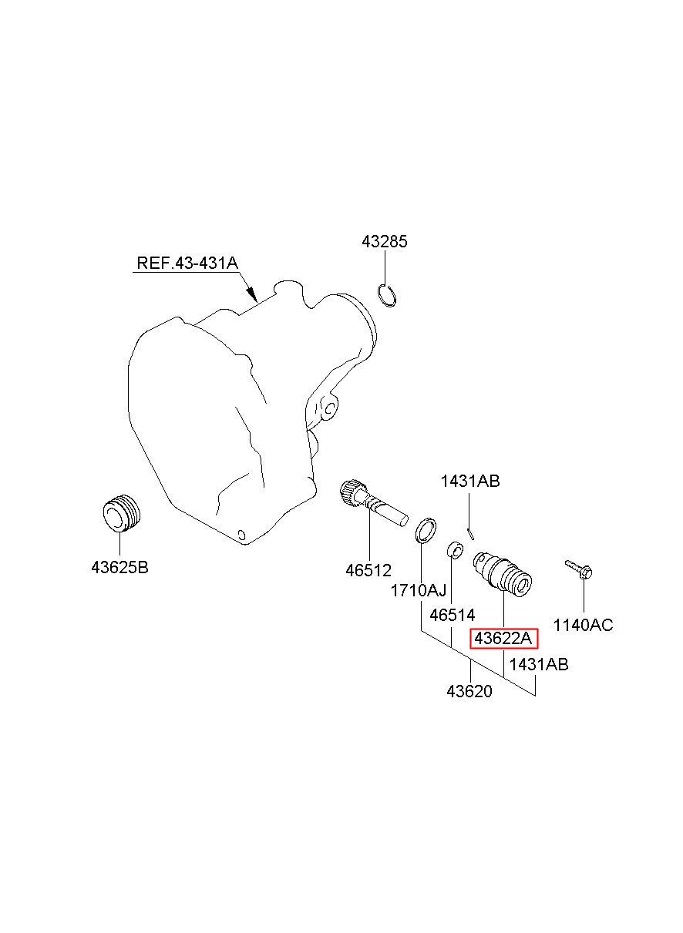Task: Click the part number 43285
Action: (385, 242)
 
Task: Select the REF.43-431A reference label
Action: (187, 263)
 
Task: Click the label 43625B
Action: (119, 568)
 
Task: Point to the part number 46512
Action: (368, 571)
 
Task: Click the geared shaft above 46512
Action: (372, 502)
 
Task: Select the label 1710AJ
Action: (419, 591)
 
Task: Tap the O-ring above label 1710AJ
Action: (425, 531)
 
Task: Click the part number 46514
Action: (453, 615)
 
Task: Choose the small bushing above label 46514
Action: (456, 550)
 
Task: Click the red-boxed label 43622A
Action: (503, 639)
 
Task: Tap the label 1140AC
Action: (584, 625)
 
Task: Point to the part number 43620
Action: (469, 691)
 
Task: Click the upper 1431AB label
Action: (470, 482)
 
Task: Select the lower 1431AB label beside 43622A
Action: (539, 664)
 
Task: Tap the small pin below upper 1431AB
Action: (472, 532)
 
